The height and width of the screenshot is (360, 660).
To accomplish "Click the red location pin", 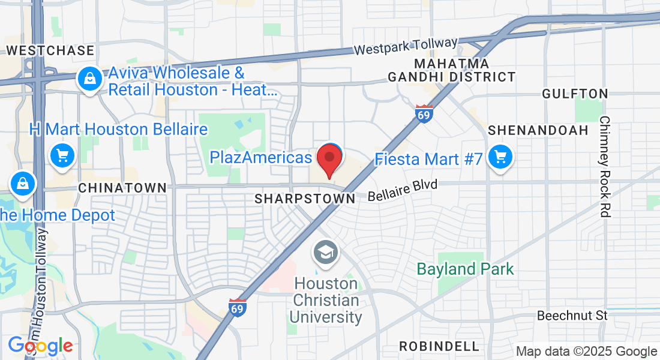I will (329, 159).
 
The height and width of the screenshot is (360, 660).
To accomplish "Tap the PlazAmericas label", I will (261, 158).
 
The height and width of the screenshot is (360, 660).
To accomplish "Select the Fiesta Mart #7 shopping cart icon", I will (499, 158).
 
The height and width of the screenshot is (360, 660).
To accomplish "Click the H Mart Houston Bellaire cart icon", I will (62, 155).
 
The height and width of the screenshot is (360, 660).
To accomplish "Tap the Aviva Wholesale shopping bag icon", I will (89, 78).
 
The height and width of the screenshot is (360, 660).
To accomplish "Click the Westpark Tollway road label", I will (406, 46).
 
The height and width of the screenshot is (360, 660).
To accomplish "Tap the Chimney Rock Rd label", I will (605, 166).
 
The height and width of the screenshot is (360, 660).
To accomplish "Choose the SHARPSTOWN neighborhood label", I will (305, 199).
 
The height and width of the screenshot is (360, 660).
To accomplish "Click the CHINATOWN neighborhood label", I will (122, 188).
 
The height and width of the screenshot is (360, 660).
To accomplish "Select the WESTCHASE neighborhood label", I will (50, 50).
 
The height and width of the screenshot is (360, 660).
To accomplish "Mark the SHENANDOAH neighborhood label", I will (538, 130).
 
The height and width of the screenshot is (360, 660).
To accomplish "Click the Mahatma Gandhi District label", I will (452, 70).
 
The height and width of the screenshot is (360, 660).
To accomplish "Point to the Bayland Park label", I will (465, 269).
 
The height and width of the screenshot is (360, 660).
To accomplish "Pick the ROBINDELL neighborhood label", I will (440, 346).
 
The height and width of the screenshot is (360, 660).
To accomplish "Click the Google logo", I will (40, 346).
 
